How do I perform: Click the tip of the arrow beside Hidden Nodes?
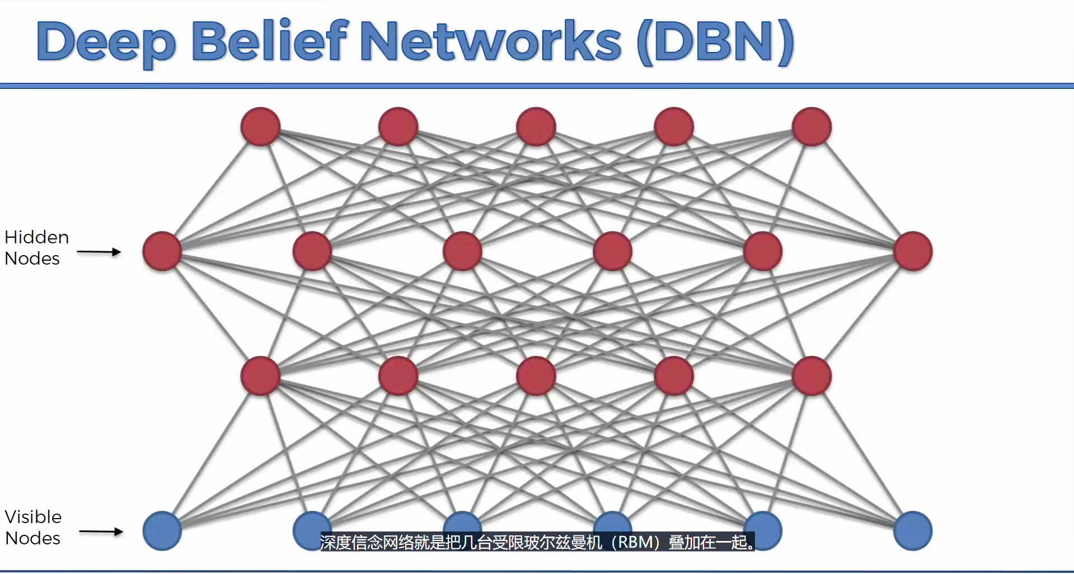click(x=121, y=252)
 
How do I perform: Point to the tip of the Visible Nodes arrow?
click(x=123, y=531)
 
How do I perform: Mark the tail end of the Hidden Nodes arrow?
click(x=77, y=252)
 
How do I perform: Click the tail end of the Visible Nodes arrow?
click(x=79, y=531)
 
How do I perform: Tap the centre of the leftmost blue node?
click(x=162, y=531)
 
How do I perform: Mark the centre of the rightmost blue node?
click(x=913, y=531)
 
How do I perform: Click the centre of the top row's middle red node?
click(x=536, y=126)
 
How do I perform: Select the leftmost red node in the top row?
click(x=260, y=126)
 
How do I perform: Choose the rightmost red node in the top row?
click(x=812, y=126)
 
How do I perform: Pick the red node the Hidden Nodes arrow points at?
click(x=162, y=251)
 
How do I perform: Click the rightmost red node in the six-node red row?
click(x=913, y=251)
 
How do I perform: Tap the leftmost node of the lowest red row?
click(x=260, y=376)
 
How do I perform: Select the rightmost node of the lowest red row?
click(x=812, y=376)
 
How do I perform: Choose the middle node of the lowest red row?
click(x=536, y=376)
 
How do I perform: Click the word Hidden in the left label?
click(x=37, y=237)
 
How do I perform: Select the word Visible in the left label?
click(x=33, y=517)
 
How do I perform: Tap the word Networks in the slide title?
click(x=491, y=41)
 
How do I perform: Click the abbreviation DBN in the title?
click(x=716, y=41)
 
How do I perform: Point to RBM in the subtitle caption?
click(x=635, y=542)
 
